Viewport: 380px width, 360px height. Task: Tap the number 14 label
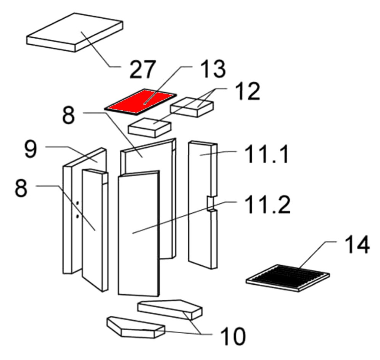coord(357,245)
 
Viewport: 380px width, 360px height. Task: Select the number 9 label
coord(31,150)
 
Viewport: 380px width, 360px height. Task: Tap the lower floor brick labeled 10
coord(135,328)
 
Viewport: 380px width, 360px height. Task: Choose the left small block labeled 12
coord(150,127)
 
